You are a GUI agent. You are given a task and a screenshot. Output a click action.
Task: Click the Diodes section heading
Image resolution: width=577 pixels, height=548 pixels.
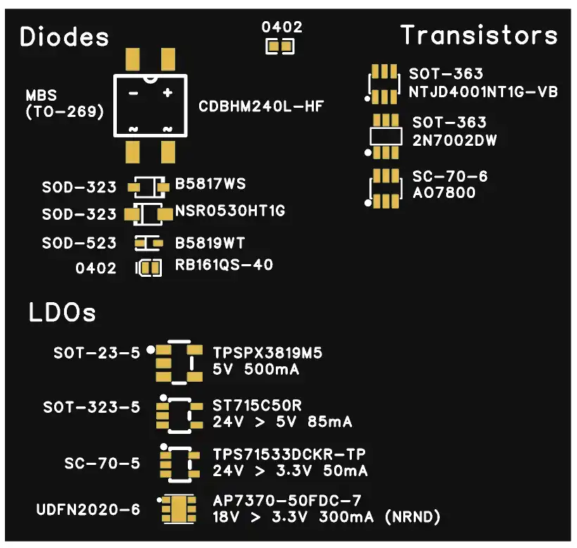[x=65, y=37]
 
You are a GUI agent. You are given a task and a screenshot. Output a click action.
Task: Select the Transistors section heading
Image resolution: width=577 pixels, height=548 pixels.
[x=479, y=35]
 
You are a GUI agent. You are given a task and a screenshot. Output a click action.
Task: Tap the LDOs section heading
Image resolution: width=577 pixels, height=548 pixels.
[x=62, y=312]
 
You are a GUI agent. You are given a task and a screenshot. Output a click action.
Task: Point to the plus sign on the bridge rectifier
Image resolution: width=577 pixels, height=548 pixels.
[x=167, y=92]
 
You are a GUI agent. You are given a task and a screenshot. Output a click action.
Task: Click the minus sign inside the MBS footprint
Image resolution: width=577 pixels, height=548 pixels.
[x=132, y=92]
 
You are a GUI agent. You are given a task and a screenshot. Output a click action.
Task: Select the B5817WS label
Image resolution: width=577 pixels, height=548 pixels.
[x=210, y=185]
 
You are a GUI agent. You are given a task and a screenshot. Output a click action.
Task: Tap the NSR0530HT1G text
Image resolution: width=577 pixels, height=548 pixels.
[x=230, y=211]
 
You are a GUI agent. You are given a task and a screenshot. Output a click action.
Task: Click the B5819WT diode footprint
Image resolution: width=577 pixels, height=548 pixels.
[x=148, y=243]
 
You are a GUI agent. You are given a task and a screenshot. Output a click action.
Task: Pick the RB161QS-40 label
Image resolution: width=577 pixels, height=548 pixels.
[x=224, y=266]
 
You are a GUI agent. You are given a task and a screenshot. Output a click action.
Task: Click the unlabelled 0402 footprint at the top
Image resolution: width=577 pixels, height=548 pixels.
[x=279, y=47]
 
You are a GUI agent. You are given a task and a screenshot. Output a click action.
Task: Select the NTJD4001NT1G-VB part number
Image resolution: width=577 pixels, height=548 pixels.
[x=483, y=92]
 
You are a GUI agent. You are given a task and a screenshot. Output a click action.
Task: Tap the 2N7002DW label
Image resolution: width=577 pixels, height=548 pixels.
[x=455, y=140]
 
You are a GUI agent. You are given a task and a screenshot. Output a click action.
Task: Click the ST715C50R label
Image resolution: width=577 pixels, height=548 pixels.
[x=257, y=406]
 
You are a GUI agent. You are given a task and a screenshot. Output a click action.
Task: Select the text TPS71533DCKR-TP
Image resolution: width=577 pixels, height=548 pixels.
[x=289, y=454]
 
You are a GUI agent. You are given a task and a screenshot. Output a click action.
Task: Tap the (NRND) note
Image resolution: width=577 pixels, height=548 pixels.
[x=413, y=518]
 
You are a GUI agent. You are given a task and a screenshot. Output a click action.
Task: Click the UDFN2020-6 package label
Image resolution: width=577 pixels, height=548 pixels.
[x=88, y=509]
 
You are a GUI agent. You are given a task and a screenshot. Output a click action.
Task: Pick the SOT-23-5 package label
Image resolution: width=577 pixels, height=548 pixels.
[x=96, y=352]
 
